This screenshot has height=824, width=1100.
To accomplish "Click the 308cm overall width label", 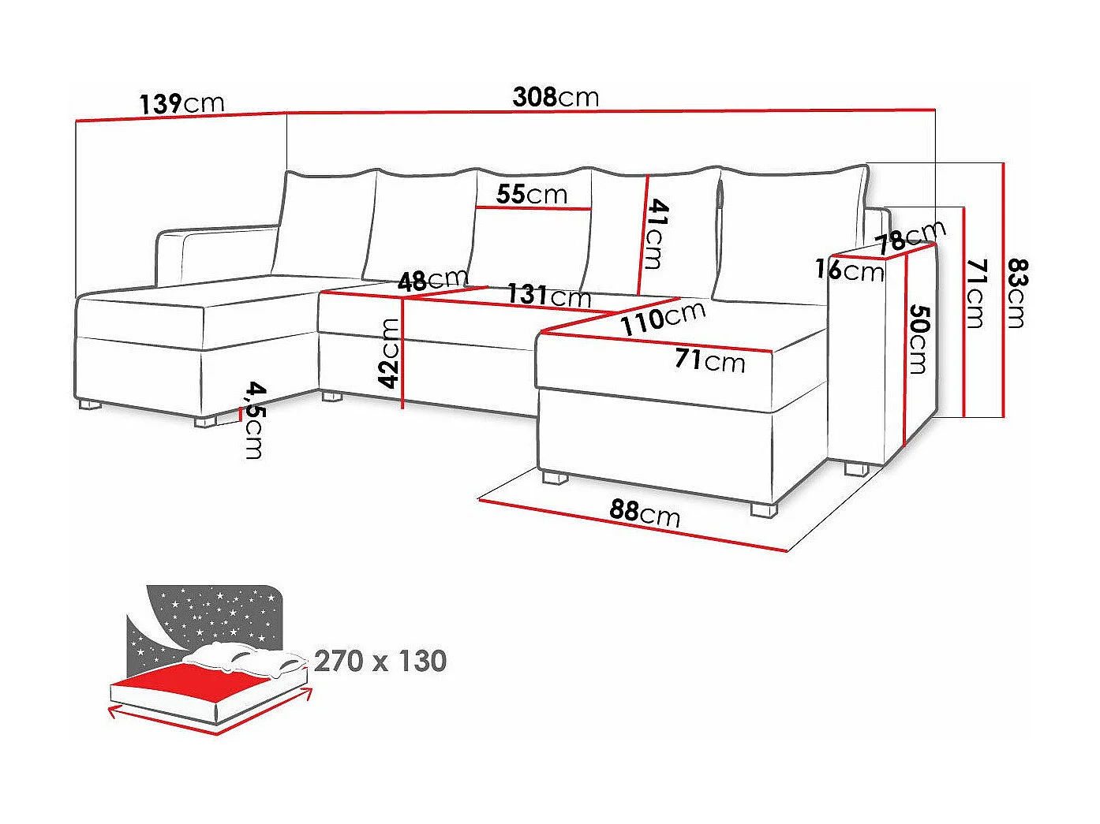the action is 556,97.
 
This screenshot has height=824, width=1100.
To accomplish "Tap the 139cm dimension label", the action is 181,103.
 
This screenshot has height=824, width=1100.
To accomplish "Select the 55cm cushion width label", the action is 532,194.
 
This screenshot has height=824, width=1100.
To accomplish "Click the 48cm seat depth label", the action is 432,280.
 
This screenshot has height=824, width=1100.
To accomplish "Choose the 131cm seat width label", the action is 548,295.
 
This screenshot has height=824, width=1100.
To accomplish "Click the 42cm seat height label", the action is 389,352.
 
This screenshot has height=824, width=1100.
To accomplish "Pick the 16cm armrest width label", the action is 849,270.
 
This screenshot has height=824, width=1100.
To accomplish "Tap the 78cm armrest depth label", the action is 911,235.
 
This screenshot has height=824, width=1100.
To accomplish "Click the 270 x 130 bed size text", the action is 380,661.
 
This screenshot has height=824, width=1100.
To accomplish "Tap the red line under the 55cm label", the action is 533,208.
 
